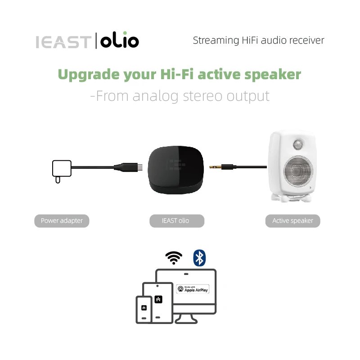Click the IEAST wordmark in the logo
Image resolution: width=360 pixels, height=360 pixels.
(63, 41)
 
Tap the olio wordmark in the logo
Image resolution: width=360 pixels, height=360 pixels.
(119, 41)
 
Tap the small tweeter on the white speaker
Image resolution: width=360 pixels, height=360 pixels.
(298, 144)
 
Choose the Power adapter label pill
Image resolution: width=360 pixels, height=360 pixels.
(62, 221)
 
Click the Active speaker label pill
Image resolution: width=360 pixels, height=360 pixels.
(292, 221)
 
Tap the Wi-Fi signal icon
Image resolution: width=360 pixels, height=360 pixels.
(174, 257)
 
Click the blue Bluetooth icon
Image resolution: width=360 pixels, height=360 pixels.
(199, 257)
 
